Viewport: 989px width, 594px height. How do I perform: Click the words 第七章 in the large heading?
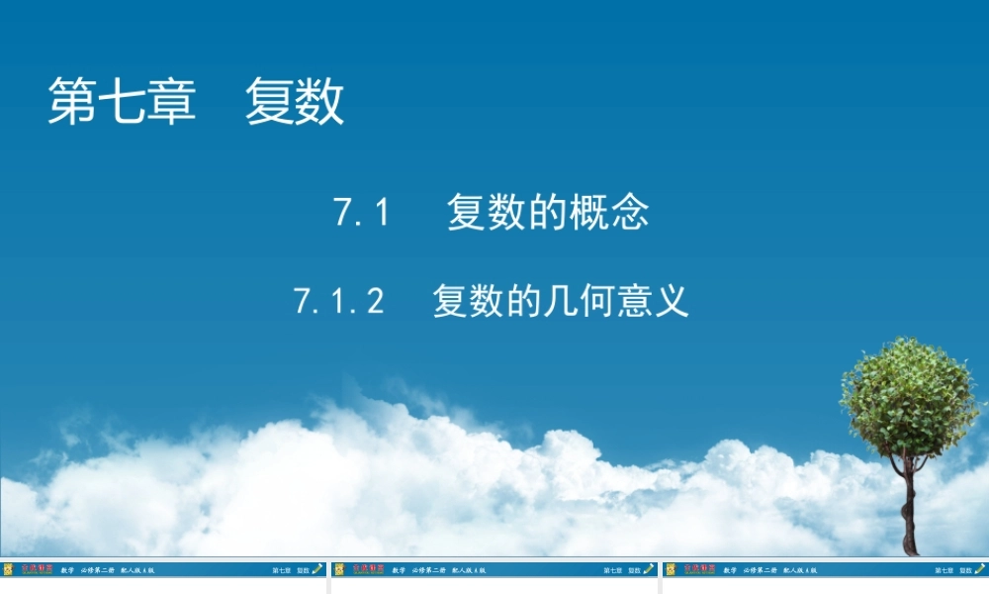[x=122, y=101]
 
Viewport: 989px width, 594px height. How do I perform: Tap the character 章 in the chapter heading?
[x=172, y=101]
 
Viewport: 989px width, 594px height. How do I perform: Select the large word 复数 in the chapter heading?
[x=295, y=101]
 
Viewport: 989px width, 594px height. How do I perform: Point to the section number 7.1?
[x=363, y=213]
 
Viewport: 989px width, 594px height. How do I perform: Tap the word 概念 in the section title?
[x=609, y=213]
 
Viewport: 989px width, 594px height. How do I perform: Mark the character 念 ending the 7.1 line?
[x=630, y=213]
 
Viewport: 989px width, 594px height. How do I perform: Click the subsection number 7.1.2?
[x=338, y=300]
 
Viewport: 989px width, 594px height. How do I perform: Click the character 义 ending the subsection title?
[x=672, y=300]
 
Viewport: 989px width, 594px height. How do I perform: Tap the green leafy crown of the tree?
[x=908, y=396]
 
